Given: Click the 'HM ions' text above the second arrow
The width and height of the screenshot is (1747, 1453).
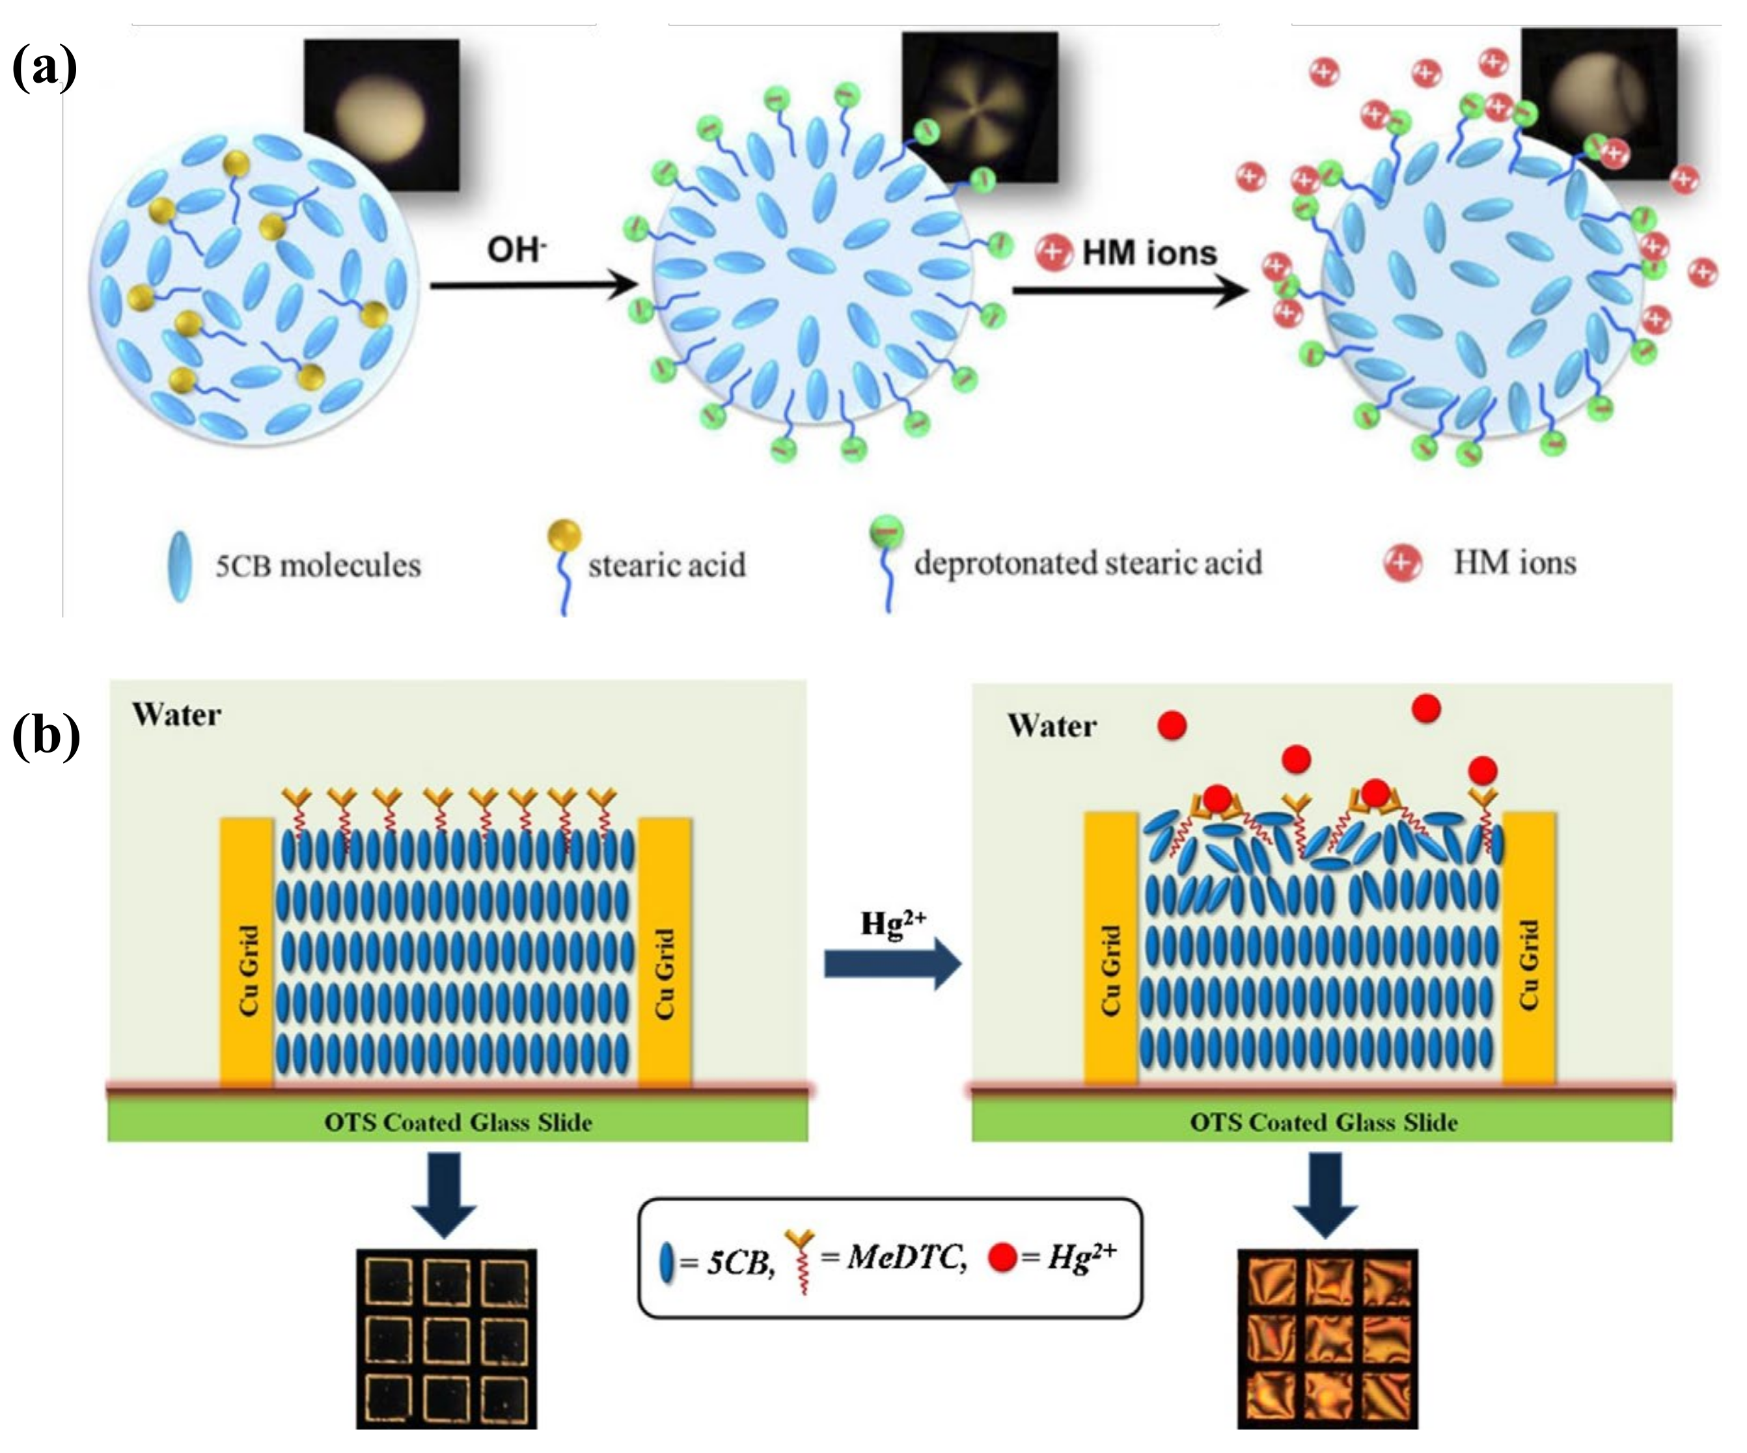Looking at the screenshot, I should pyautogui.click(x=1149, y=252).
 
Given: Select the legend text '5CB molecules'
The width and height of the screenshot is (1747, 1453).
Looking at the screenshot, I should pyautogui.click(x=318, y=566).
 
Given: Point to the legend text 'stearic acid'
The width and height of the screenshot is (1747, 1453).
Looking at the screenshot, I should pyautogui.click(x=667, y=565).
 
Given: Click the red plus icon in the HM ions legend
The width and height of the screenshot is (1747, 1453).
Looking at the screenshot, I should pyautogui.click(x=1402, y=562).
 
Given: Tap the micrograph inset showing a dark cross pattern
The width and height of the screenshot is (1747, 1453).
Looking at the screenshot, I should pyautogui.click(x=979, y=107).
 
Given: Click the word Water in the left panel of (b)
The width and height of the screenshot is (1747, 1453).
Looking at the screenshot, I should pyautogui.click(x=176, y=715).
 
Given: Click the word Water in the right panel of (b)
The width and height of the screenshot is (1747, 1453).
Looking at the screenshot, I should pyautogui.click(x=1052, y=726).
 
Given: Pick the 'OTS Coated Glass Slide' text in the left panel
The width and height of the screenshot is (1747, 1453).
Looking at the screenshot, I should pyautogui.click(x=458, y=1122).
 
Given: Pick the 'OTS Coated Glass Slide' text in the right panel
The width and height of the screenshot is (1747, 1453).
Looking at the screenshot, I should pyautogui.click(x=1323, y=1122).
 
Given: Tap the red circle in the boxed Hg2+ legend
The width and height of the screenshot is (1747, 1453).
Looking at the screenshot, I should pyautogui.click(x=1002, y=1258).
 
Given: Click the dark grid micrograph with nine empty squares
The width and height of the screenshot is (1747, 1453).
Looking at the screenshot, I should pyautogui.click(x=447, y=1339).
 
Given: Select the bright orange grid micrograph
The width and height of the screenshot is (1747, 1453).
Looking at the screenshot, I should pyautogui.click(x=1327, y=1339).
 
